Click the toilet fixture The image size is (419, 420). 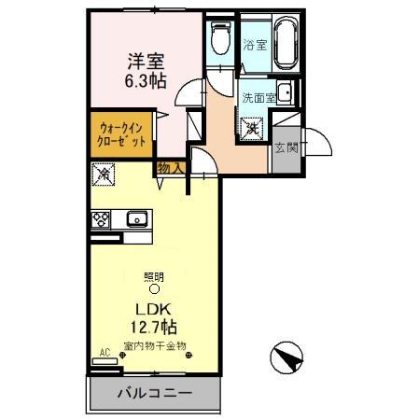pyautogui.click(x=220, y=40)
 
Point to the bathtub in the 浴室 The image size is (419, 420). pyautogui.click(x=284, y=45)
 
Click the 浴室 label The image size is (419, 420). pyautogui.click(x=254, y=44)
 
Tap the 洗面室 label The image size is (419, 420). pyautogui.click(x=258, y=97)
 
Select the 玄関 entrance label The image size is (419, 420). pyautogui.click(x=286, y=147)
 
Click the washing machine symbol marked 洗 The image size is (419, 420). pyautogui.click(x=253, y=130)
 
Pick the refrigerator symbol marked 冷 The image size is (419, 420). pyautogui.click(x=105, y=174)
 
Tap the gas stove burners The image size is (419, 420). pyautogui.click(x=102, y=220)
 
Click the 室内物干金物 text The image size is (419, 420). pyautogui.click(x=156, y=346)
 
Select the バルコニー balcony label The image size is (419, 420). pyautogui.click(x=154, y=393)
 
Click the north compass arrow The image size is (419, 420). pyautogui.click(x=291, y=357)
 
